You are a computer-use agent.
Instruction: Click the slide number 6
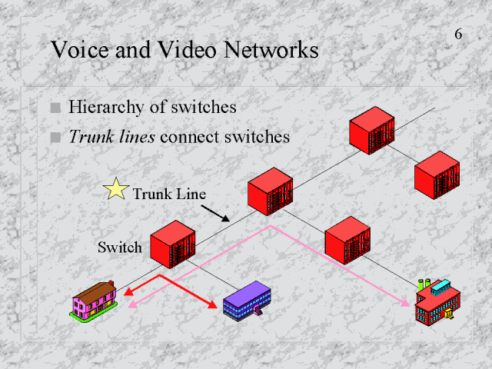458,35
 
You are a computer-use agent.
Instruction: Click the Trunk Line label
169,194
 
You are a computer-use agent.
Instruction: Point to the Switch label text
120,247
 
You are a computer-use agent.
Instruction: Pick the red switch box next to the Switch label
171,244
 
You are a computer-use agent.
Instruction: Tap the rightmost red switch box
437,176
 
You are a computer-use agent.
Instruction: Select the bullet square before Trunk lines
55,138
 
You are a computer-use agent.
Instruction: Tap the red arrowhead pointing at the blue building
213,305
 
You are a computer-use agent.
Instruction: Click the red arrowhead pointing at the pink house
128,292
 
